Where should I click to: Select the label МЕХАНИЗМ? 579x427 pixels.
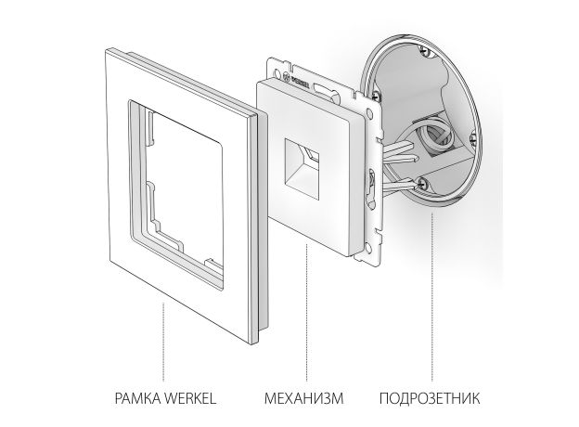tap(305, 400)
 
